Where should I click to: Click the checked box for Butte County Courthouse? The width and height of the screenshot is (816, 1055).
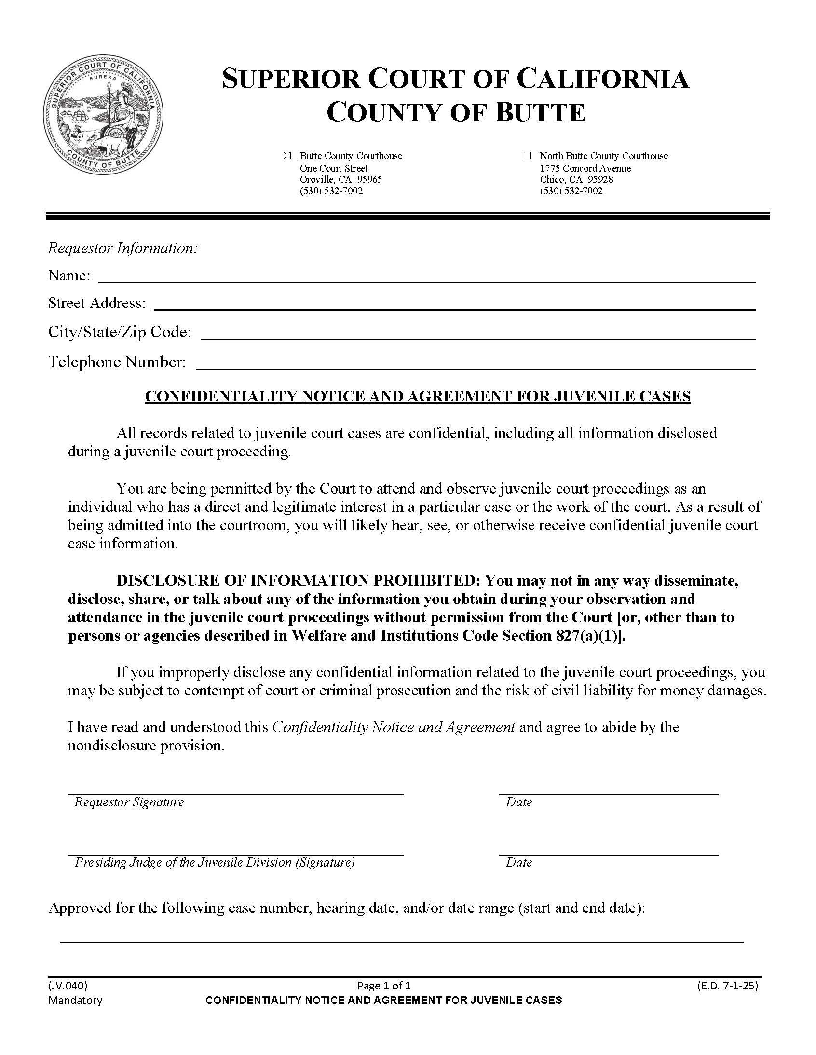pyautogui.click(x=287, y=156)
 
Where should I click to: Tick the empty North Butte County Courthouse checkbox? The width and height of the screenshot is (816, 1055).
pyautogui.click(x=527, y=156)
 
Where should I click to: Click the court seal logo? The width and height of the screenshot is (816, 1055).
pyautogui.click(x=104, y=115)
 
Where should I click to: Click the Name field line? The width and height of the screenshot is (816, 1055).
pyautogui.click(x=426, y=276)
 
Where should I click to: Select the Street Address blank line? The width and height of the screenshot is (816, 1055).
pyautogui.click(x=454, y=304)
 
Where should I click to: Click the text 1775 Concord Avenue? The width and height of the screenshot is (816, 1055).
pyautogui.click(x=585, y=168)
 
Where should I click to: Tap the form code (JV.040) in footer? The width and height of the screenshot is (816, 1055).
pyautogui.click(x=68, y=986)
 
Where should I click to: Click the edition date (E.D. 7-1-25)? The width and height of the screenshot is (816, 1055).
pyautogui.click(x=728, y=986)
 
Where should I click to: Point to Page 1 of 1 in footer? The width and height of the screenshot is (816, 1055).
pyautogui.click(x=384, y=986)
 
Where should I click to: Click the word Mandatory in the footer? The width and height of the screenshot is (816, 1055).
pyautogui.click(x=75, y=1000)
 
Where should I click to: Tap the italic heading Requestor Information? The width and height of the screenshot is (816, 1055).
pyautogui.click(x=123, y=248)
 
